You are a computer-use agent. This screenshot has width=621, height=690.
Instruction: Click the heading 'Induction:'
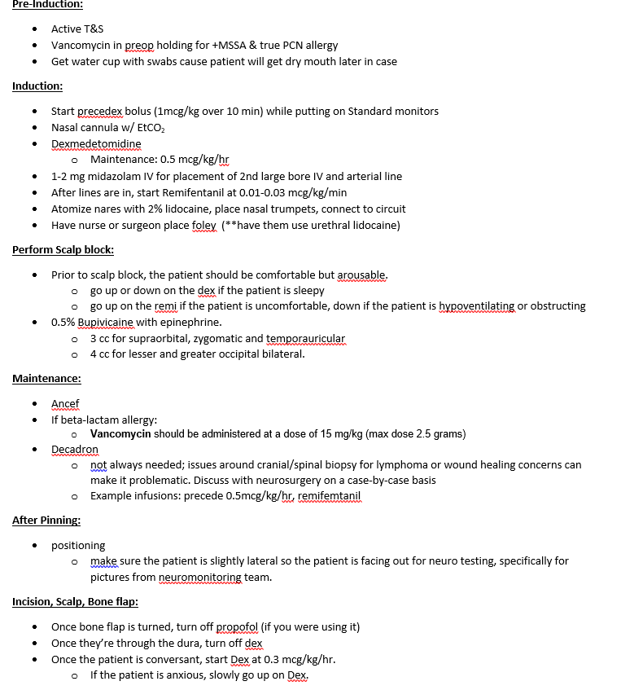pos(37,86)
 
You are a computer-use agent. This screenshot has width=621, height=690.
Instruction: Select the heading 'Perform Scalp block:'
pos(63,249)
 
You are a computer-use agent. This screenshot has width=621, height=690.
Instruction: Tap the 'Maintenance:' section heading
pos(46,378)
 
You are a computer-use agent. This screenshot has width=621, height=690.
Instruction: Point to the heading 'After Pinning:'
pos(46,520)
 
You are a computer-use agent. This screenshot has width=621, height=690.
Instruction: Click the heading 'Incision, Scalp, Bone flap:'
pos(75,602)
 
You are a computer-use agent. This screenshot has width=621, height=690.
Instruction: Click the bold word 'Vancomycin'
pos(120,433)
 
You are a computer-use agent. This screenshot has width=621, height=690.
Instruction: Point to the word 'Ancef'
pos(65,403)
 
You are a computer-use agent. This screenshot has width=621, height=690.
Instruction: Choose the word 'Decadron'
pos(74,449)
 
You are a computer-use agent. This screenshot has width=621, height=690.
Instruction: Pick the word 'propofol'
pos(236,626)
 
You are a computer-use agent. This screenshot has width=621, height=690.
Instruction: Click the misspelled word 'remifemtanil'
pos(329,495)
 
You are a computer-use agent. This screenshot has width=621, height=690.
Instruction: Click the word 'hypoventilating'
pos(477,305)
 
